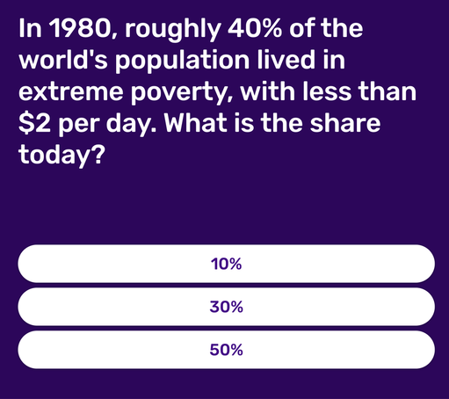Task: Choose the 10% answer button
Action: (226, 264)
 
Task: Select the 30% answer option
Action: (226, 307)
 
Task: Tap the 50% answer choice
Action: (226, 350)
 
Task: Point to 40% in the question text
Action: (256, 28)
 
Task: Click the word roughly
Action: (172, 31)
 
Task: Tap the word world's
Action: (63, 60)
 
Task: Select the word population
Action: (182, 62)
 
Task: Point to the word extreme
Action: (70, 92)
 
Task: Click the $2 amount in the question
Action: (34, 123)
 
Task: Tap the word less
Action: (327, 91)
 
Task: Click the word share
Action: (345, 123)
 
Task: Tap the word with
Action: (267, 91)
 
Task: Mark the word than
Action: (387, 91)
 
